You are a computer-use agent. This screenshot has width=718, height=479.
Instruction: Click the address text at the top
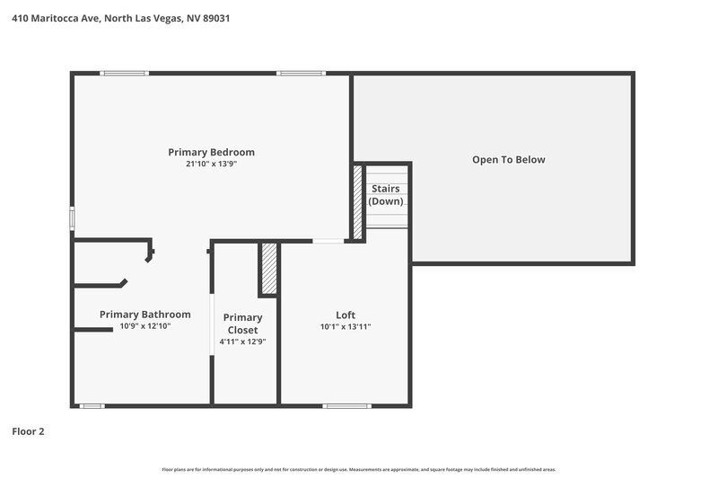(120, 18)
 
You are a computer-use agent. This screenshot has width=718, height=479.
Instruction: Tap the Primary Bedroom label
(211, 152)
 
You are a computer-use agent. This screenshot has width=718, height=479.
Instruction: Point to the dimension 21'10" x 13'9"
(211, 164)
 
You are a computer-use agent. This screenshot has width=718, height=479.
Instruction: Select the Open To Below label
(509, 160)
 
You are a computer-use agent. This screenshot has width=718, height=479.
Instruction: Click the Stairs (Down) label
(386, 195)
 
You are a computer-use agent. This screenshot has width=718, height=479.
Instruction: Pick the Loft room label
(346, 315)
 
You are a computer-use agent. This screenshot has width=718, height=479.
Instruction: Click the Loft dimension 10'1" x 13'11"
(346, 327)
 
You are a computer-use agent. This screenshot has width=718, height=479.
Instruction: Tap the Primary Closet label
(243, 324)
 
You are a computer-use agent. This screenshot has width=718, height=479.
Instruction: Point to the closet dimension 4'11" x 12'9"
(243, 342)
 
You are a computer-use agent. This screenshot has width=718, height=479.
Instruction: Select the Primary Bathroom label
(144, 315)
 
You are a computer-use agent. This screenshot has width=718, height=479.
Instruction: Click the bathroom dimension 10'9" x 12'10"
(144, 327)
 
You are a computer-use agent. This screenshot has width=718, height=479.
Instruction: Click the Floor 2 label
(28, 431)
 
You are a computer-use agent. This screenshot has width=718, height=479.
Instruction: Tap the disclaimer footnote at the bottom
(359, 469)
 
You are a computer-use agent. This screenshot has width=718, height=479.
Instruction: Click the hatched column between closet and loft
(267, 269)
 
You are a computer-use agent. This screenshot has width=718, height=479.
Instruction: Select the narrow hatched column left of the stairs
(358, 202)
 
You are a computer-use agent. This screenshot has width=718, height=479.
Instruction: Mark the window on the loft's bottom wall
(346, 406)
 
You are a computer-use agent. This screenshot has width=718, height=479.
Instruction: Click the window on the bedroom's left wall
(73, 219)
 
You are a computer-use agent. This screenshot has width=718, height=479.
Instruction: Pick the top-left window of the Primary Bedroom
(125, 74)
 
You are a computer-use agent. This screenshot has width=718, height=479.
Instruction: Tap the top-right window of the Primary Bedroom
(301, 74)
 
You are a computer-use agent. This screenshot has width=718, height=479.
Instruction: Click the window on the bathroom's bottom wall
(92, 406)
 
